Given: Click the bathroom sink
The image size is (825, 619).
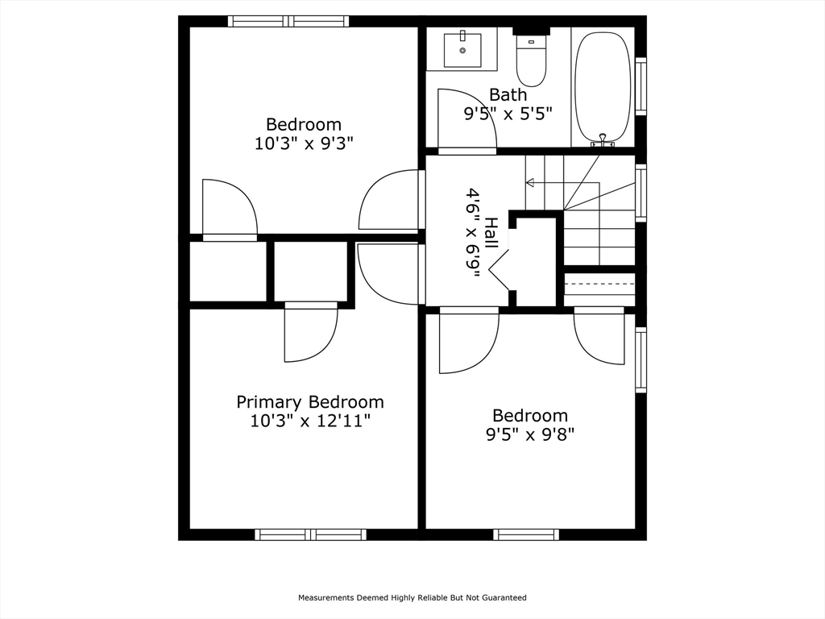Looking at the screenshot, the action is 462,50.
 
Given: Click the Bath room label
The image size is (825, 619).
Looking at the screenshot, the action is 508,95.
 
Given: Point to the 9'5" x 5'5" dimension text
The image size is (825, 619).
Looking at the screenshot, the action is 508,113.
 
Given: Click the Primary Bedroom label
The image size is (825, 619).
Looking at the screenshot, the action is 310,402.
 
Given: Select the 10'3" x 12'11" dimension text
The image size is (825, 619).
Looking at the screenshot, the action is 310,421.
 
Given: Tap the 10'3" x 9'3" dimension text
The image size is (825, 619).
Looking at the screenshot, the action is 304,143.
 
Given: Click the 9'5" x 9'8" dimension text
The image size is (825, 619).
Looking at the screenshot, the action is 530,434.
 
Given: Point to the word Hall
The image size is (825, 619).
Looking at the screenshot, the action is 491,233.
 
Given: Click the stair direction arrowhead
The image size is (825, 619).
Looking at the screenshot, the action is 530,183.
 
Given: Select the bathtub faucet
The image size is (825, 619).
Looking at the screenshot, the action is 603,140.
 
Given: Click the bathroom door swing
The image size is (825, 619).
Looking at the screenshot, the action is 467,118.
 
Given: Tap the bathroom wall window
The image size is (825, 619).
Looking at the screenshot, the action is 641,85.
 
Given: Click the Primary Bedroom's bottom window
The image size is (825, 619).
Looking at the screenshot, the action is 310,535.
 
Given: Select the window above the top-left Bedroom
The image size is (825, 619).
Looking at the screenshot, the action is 288,21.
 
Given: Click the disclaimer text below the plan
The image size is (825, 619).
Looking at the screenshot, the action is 412,597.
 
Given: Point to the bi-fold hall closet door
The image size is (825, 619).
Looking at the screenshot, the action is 500,268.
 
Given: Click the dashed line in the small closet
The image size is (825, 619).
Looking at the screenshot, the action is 599,283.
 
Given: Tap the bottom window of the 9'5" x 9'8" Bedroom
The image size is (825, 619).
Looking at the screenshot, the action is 526,535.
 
